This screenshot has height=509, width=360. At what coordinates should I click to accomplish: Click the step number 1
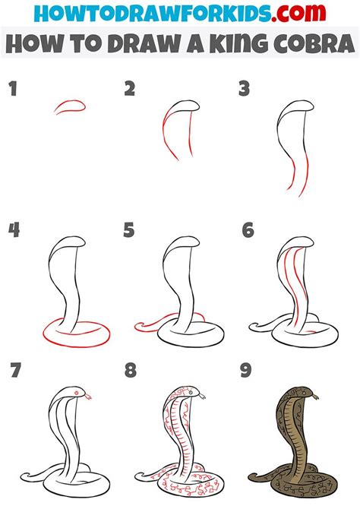click(x=12, y=90)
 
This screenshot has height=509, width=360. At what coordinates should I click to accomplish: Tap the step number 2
click(x=130, y=90)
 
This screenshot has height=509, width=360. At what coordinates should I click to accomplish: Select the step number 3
click(x=245, y=90)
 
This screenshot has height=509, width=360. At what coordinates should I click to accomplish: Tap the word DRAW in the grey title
click(x=131, y=44)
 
